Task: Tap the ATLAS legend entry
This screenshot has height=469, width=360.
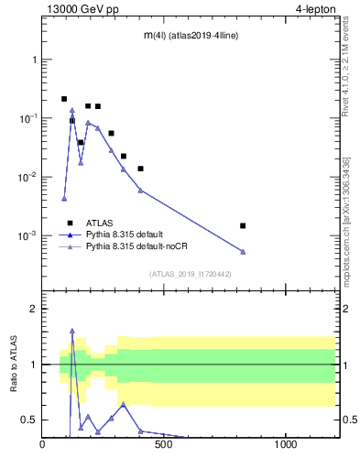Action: tap(98, 223)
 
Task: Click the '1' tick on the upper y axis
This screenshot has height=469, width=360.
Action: tap(34, 60)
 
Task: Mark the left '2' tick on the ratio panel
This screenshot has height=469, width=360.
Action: tap(34, 309)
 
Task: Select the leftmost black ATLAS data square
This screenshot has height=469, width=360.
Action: tap(64, 99)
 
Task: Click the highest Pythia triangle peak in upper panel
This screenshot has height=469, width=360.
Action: tap(72, 111)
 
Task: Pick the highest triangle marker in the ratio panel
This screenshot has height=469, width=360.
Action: tap(72, 331)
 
